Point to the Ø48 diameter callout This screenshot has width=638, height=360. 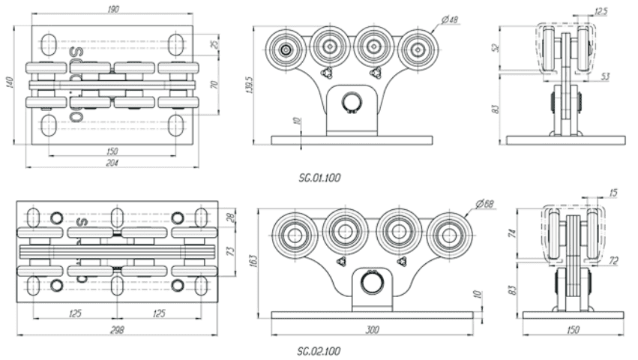(x=450, y=20)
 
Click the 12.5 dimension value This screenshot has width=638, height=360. (x=601, y=12)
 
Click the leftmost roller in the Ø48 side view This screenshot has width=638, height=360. (x=286, y=49)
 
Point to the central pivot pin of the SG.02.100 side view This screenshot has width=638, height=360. (x=372, y=282)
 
